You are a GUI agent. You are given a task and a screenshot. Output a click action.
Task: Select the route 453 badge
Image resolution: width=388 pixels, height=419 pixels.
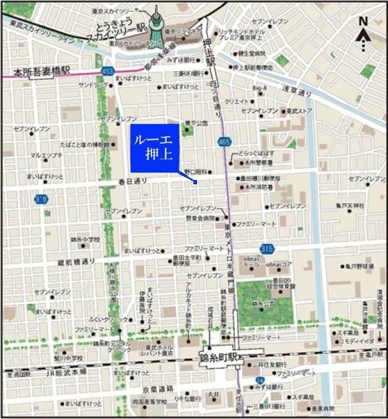click(x=107, y=71)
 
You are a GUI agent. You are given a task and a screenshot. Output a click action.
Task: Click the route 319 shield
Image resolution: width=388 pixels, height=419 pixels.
click(x=41, y=199)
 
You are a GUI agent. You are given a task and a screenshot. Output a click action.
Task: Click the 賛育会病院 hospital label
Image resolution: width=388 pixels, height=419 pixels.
click(x=201, y=217)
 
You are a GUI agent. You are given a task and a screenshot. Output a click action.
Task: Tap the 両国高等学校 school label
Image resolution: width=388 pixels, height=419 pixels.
click(x=150, y=401)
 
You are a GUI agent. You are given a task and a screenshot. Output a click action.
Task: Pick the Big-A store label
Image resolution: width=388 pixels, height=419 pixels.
click(x=260, y=88)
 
